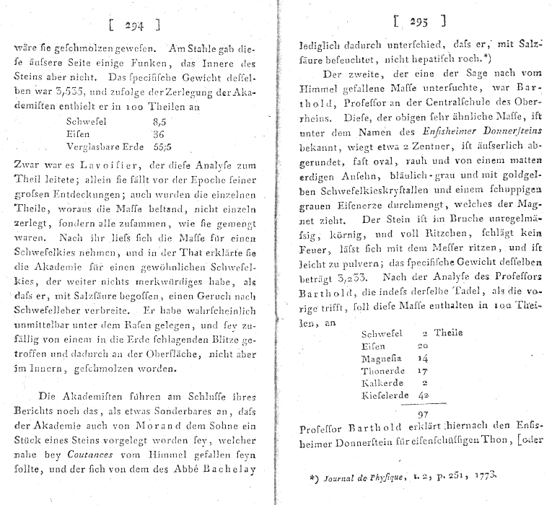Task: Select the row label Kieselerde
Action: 384,395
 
